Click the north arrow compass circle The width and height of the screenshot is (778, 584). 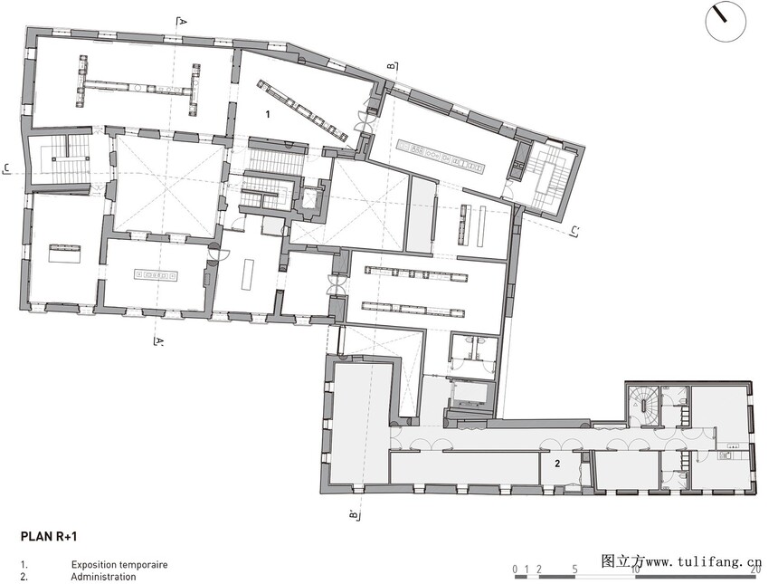pyautogui.click(x=726, y=23)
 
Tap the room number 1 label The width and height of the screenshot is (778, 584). pyautogui.click(x=268, y=115)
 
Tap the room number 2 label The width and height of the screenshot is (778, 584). pyautogui.click(x=557, y=464)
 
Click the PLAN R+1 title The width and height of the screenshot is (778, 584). pyautogui.click(x=49, y=536)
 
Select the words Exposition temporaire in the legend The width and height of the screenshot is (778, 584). pyautogui.click(x=119, y=565)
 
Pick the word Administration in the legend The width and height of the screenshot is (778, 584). pyautogui.click(x=103, y=577)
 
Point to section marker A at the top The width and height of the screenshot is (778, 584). pyautogui.click(x=182, y=22)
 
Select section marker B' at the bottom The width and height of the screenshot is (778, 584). pyautogui.click(x=354, y=515)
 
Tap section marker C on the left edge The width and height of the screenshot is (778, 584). pyautogui.click(x=6, y=168)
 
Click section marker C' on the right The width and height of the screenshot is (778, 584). pyautogui.click(x=575, y=231)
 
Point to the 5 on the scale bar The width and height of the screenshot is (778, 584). pyautogui.click(x=574, y=570)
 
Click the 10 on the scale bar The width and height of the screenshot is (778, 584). pyautogui.click(x=634, y=570)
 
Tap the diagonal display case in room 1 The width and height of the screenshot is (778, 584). pyautogui.click(x=301, y=110)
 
